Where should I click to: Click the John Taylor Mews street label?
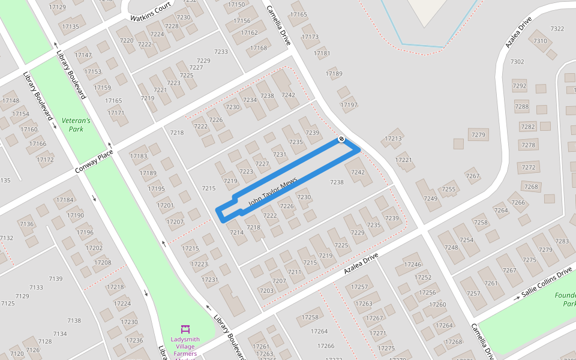(272, 193)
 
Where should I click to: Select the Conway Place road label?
(94, 163)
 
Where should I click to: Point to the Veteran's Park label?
(76, 125)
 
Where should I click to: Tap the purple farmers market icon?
(185, 329)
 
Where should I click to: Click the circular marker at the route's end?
(341, 139)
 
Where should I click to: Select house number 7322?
(557, 29)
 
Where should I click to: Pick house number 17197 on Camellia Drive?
(349, 105)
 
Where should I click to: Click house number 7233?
(221, 52)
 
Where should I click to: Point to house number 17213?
(393, 139)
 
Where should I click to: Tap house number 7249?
(430, 199)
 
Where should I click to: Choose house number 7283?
(562, 241)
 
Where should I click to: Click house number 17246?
(412, 264)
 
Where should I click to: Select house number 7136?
(26, 224)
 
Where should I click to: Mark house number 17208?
(103, 262)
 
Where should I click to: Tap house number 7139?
(55, 278)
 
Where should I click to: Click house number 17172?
(45, 160)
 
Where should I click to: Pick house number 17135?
(70, 26)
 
